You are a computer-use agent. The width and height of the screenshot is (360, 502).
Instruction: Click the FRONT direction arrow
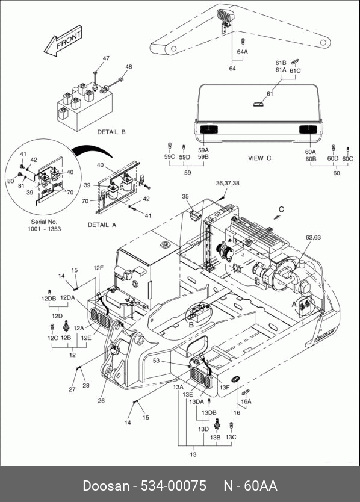(x=63, y=42)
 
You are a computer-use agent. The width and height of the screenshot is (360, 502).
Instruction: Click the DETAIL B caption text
(x=111, y=132)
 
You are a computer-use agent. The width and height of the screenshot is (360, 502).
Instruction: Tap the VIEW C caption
(x=259, y=158)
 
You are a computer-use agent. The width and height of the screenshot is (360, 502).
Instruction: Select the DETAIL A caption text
(x=102, y=225)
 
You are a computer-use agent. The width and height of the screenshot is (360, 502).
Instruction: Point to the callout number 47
(x=106, y=58)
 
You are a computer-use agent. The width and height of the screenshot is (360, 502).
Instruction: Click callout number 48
(x=128, y=67)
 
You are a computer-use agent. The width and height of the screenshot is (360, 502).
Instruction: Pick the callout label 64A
(x=243, y=52)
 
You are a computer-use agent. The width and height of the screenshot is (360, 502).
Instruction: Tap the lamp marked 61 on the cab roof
(x=258, y=104)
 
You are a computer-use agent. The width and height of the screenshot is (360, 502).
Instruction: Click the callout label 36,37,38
(x=228, y=183)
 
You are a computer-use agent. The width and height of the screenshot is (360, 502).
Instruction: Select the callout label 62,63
(x=313, y=237)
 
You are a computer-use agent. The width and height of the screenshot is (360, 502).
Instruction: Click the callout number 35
(x=185, y=197)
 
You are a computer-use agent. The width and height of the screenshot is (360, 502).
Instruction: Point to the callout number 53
(x=156, y=361)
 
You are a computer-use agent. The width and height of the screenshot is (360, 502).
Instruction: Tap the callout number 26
(x=101, y=400)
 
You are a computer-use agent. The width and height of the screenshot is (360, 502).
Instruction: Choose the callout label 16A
(x=246, y=401)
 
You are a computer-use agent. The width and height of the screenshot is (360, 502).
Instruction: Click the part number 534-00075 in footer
(x=173, y=486)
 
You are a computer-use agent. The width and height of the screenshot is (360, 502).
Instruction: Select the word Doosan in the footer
(x=106, y=486)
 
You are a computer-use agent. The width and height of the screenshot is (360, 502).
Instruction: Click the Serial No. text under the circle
(x=44, y=222)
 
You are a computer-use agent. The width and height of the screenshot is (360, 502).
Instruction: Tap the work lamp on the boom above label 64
(x=225, y=17)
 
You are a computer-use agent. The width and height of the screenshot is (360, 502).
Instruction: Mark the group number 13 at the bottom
(x=193, y=454)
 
